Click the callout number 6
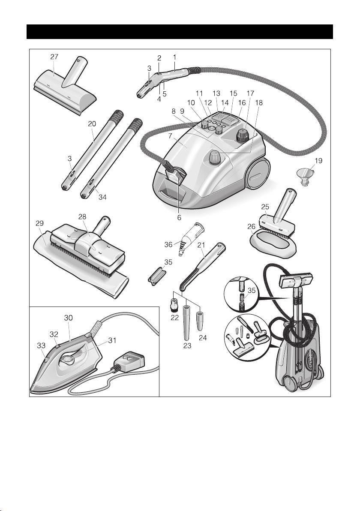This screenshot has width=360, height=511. [x=179, y=217]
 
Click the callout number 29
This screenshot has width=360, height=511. [x=39, y=224]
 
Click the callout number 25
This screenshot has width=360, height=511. [x=265, y=207]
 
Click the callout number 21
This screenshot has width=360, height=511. [x=201, y=245]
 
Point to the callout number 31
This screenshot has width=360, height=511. [x=113, y=340]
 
